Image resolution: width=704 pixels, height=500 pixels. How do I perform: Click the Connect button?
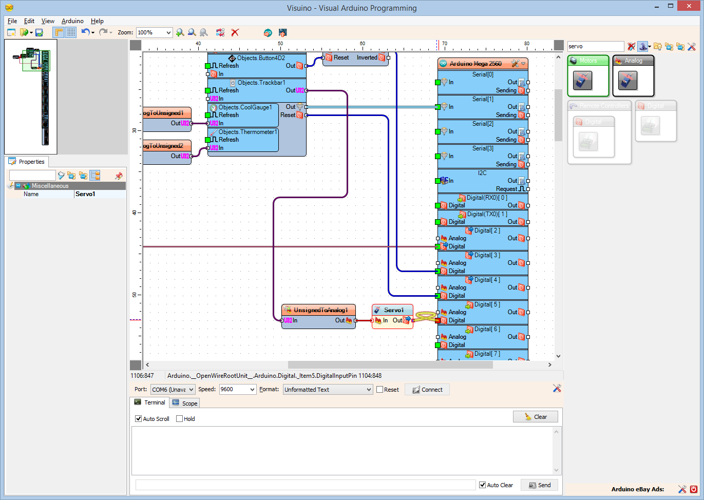tap(427, 390)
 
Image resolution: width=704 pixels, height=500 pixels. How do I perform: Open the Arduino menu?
tap(72, 21)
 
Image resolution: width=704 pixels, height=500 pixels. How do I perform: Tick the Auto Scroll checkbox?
tap(139, 419)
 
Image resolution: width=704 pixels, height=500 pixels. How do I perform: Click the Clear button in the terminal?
tap(535, 417)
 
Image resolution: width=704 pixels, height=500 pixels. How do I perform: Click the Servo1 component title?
tap(393, 310)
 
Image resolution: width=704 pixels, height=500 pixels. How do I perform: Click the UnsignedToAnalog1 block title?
tap(320, 310)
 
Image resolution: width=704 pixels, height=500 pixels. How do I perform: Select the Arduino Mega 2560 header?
tap(475, 64)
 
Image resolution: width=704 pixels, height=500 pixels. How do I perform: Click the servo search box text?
tap(595, 46)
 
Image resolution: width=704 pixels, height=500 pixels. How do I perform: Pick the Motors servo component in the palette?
tap(583, 81)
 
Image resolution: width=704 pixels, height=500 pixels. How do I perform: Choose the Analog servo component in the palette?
tap(628, 81)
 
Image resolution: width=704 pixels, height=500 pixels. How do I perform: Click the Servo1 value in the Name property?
tap(100, 194)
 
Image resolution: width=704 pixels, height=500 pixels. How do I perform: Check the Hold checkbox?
tap(180, 419)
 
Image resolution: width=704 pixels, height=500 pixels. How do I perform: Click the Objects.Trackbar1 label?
tap(261, 83)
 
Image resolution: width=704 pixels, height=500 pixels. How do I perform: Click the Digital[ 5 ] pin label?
tap(486, 304)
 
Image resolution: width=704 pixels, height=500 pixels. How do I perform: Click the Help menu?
tap(97, 21)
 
